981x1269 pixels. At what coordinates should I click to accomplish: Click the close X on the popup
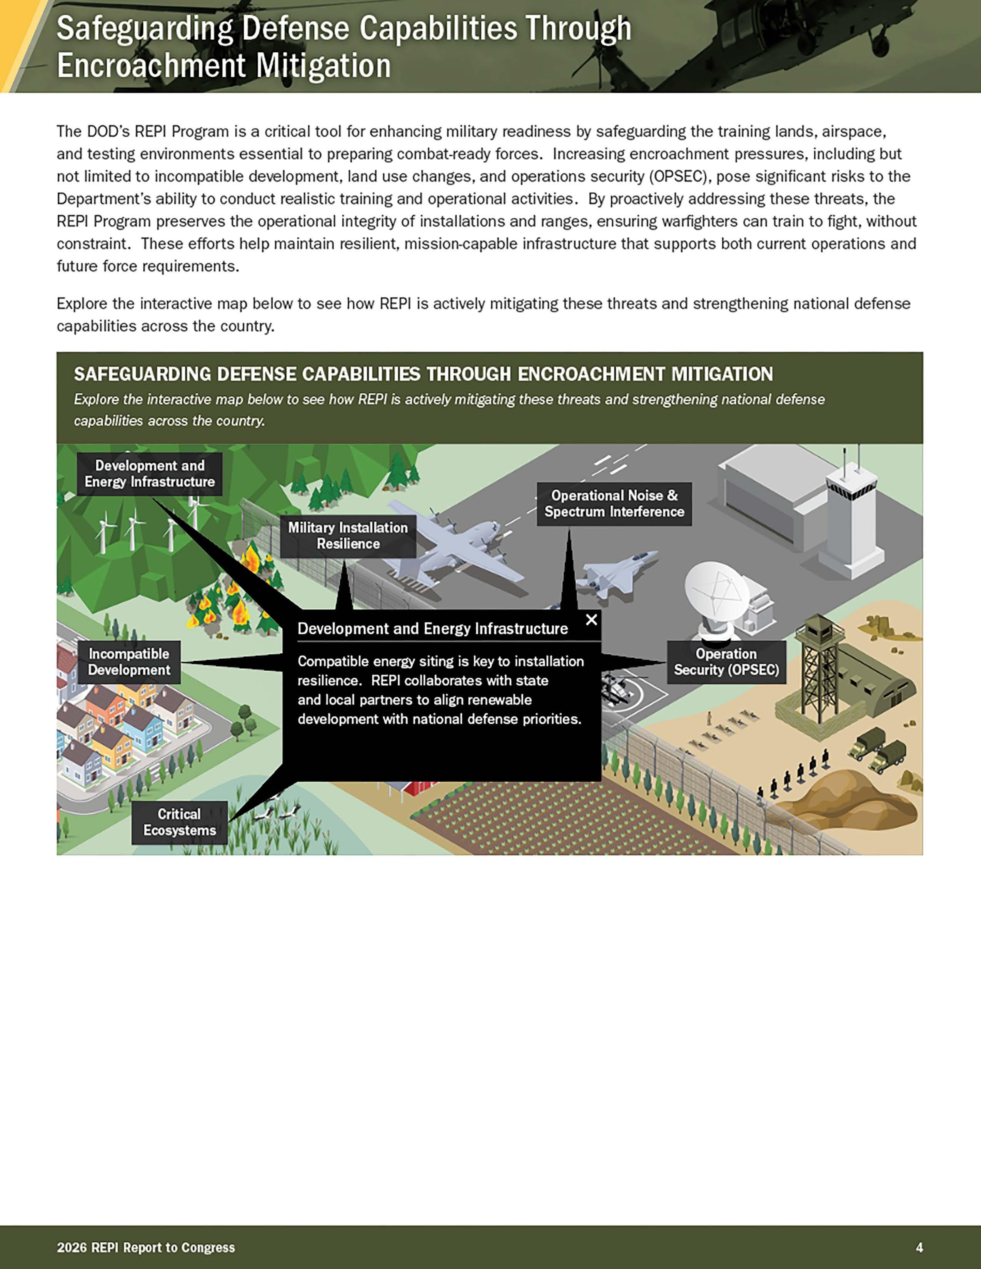pyautogui.click(x=591, y=620)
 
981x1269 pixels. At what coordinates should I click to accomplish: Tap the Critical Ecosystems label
pyautogui.click(x=180, y=822)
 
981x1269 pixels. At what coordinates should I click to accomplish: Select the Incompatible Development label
pyautogui.click(x=129, y=662)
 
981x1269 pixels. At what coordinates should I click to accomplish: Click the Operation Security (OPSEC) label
pyautogui.click(x=726, y=662)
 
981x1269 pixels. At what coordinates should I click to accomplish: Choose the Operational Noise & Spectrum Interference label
pyautogui.click(x=614, y=504)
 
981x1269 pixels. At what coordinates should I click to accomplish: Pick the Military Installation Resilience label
pyautogui.click(x=348, y=536)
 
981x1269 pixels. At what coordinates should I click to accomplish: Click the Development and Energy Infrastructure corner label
pyautogui.click(x=149, y=473)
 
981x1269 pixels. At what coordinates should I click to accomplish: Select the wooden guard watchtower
pyautogui.click(x=820, y=668)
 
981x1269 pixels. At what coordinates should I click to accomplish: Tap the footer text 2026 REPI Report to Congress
pyautogui.click(x=146, y=1247)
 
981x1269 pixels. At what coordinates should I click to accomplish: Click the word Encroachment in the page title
pyautogui.click(x=153, y=66)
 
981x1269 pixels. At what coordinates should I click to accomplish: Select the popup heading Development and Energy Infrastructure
pyautogui.click(x=432, y=629)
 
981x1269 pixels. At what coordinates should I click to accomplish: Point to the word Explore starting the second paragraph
pyautogui.click(x=78, y=304)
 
